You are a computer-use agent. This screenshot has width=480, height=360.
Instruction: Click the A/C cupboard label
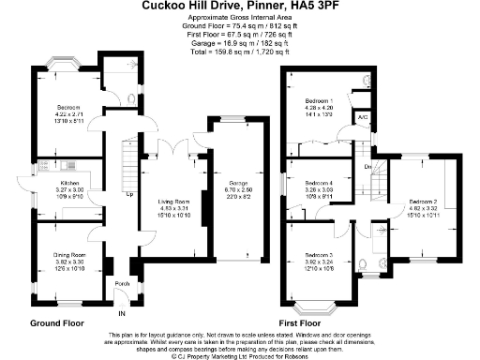pyautogui.click(x=363, y=117)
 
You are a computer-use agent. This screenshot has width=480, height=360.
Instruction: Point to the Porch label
pyautogui.click(x=121, y=283)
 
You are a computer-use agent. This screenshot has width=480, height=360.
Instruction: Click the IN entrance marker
pyautogui.click(x=122, y=314)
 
